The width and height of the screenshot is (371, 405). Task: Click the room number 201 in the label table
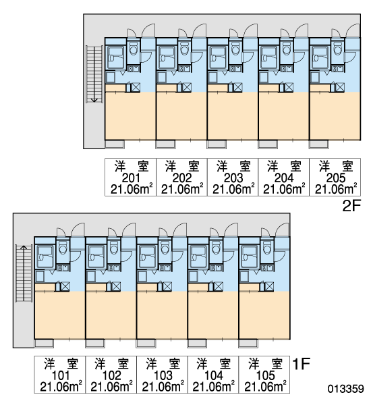pos(130,178)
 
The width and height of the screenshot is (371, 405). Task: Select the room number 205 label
pos(335,178)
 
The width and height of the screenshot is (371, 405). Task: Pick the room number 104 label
pos(213,375)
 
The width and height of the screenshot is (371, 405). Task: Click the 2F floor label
pos(351,206)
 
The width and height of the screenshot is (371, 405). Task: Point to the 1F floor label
pos(301,364)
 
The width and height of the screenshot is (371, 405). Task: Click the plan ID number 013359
pos(345,389)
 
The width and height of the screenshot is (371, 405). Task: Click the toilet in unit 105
pos(268,248)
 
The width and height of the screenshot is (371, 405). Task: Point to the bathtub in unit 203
pos(218,57)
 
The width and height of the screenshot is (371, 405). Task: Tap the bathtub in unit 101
pos(45,256)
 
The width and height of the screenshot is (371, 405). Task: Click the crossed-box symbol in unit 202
pos(187,87)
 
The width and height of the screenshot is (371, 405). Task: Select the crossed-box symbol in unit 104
pos(219,286)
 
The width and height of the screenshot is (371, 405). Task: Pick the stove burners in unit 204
pos(286,69)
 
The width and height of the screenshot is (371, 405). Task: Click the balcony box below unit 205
pos(319,144)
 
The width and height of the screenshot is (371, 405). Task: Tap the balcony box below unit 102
pos(95,344)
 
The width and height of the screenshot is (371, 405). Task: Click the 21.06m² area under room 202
pos(182,189)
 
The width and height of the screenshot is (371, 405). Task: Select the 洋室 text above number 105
pos(265,364)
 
